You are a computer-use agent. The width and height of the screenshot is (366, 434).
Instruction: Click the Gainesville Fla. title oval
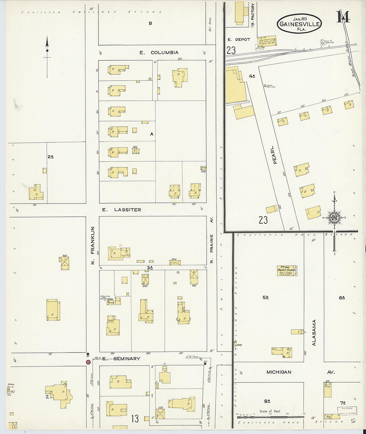pyautogui.click(x=300, y=23)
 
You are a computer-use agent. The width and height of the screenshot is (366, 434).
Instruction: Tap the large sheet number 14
pyautogui.click(x=343, y=17)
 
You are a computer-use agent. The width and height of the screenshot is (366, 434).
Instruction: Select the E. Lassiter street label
pyautogui.click(x=121, y=210)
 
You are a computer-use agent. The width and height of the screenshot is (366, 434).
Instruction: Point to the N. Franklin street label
pyautogui.click(x=93, y=245)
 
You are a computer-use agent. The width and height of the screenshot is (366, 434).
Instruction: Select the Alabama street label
pyautogui.click(x=314, y=333)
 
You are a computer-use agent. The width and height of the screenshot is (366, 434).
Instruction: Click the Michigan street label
pyautogui.click(x=279, y=372)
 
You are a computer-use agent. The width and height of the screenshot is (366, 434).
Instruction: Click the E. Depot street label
pyautogui.click(x=239, y=40)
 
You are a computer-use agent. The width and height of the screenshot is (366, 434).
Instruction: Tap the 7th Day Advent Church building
pyautogui.click(x=287, y=270)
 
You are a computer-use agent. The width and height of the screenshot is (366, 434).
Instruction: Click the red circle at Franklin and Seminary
pyautogui.click(x=88, y=362)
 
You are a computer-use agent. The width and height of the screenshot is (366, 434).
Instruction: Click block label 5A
pyautogui.click(x=265, y=298)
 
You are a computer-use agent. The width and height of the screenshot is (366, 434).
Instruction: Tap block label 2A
pyautogui.click(x=51, y=156)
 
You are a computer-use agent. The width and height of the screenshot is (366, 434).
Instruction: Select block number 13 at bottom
pyautogui.click(x=135, y=418)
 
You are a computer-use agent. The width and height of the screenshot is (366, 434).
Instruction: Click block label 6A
pyautogui.click(x=342, y=298)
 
